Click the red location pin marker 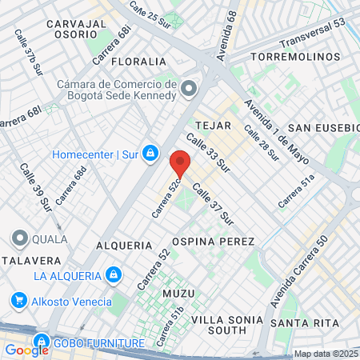[180, 165]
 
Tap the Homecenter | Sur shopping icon [150, 154]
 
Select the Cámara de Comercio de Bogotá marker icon [189, 88]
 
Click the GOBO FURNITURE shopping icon [42, 343]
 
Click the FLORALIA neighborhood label [139, 62]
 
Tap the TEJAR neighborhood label [213, 126]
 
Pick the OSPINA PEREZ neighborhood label [213, 242]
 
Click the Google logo [26, 350]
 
